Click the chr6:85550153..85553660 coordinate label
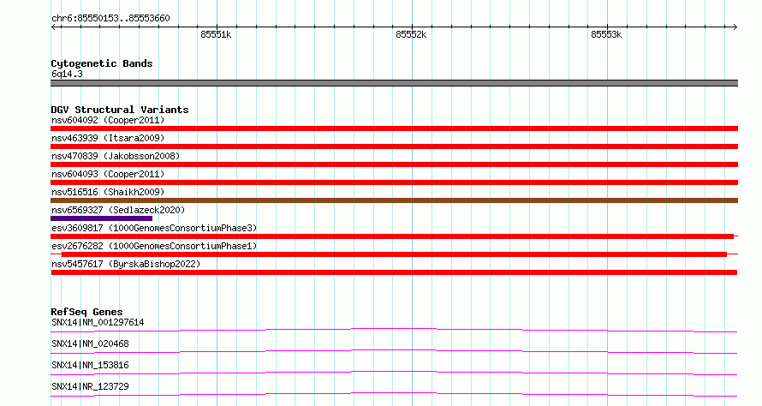(x=110, y=19)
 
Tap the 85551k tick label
(x=216, y=34)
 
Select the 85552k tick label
(x=411, y=34)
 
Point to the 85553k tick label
(x=606, y=34)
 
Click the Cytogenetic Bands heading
(x=102, y=63)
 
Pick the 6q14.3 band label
(x=67, y=74)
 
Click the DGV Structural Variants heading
(x=120, y=110)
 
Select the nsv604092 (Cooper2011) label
(x=108, y=120)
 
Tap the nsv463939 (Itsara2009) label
(x=108, y=138)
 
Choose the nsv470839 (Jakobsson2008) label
(x=116, y=156)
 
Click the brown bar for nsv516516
(x=394, y=200)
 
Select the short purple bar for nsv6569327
(x=102, y=218)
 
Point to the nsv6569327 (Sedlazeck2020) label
(x=118, y=210)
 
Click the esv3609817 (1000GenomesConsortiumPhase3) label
(x=154, y=228)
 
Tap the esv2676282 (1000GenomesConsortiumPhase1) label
(x=154, y=246)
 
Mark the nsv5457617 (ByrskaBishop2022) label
(x=126, y=264)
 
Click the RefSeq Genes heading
(x=86, y=312)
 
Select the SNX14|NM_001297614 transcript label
(x=98, y=322)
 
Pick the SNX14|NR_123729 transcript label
(x=90, y=386)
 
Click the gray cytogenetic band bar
(x=394, y=83)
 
